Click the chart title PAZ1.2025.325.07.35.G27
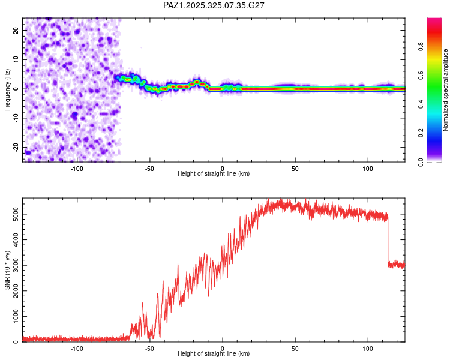[x=214, y=5]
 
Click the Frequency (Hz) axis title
[x=7, y=89]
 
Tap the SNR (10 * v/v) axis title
[x=7, y=271]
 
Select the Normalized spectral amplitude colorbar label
[x=445, y=89]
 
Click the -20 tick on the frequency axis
[x=15, y=147]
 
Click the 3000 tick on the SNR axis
[x=13, y=265]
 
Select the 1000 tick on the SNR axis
[x=13, y=316]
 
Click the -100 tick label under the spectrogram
[x=77, y=168]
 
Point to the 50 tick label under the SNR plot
[x=295, y=349]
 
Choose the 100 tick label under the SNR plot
[x=368, y=349]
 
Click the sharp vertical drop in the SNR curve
[x=388, y=240]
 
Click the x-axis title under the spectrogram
[x=214, y=174]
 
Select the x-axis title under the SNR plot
[x=214, y=355]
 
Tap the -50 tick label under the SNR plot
[x=149, y=349]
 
